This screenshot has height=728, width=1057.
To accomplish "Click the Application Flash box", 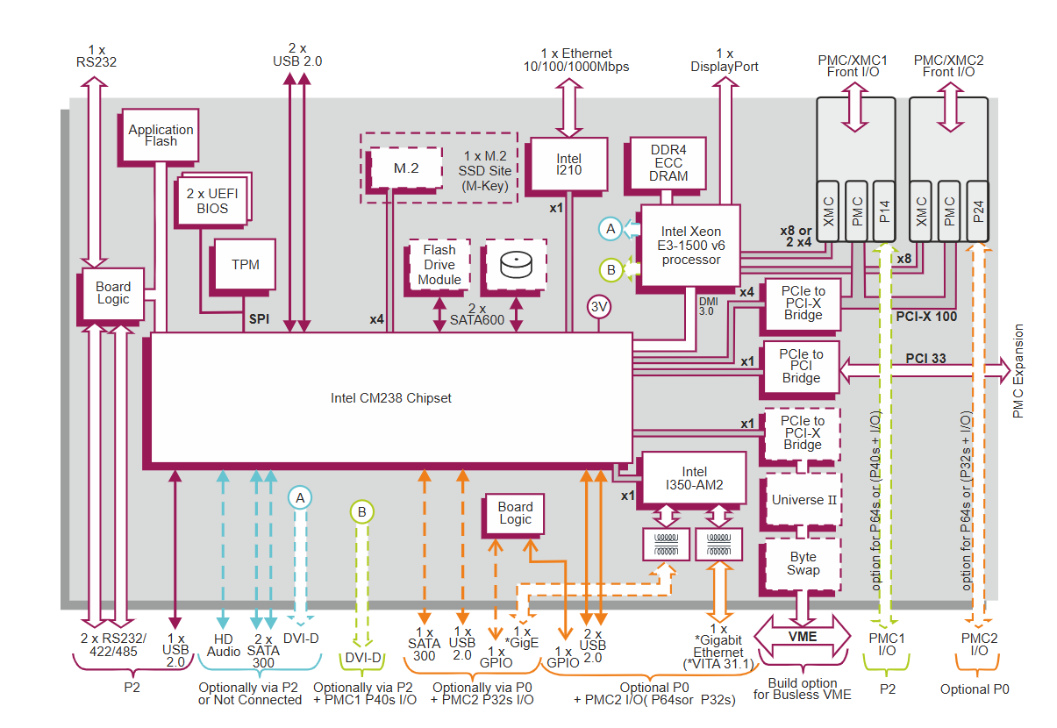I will click(161, 135).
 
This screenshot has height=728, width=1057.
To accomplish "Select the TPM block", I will click(246, 265).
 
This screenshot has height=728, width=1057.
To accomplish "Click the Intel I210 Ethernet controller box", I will click(568, 164).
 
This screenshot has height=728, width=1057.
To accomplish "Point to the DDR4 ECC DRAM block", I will click(668, 163).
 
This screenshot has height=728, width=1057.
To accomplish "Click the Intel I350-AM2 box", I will click(693, 478).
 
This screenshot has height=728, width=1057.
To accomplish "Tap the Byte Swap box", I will click(803, 563).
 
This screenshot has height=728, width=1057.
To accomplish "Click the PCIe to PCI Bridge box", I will click(801, 367).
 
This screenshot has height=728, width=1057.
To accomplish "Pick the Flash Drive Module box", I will click(439, 265).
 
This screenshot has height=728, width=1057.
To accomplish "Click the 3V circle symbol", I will click(600, 307).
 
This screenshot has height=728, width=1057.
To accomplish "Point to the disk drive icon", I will click(515, 264).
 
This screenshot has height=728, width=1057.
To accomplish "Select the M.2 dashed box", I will click(405, 168).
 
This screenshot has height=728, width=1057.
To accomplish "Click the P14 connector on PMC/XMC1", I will click(884, 211).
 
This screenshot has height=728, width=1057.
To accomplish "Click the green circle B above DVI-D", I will click(361, 511).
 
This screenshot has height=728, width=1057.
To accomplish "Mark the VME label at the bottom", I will click(803, 636).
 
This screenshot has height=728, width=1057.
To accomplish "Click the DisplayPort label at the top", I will click(725, 67).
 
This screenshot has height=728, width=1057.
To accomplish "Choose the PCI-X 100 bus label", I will click(926, 316).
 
